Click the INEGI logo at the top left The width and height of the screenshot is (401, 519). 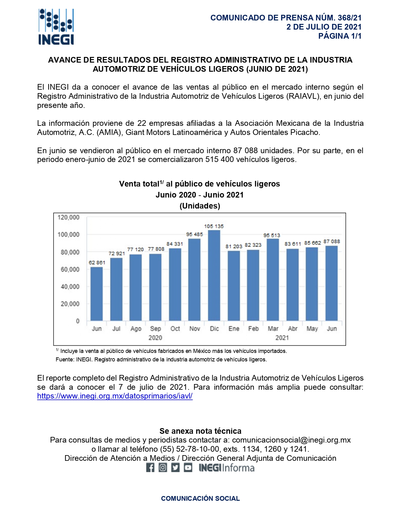click(56, 27)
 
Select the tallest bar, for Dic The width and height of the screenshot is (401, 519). click(214, 275)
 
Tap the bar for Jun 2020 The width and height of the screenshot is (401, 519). click(97, 294)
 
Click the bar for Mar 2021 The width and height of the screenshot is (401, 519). click(273, 280)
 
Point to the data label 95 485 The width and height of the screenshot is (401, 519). click(194, 234)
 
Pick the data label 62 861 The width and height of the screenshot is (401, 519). click(97, 262)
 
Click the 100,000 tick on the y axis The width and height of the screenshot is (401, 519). click(69, 235)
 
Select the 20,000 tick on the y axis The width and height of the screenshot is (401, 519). click(70, 304)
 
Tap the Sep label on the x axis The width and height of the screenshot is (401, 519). click(155, 329)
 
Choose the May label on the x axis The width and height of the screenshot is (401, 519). click(312, 329)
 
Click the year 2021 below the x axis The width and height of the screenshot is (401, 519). click(282, 338)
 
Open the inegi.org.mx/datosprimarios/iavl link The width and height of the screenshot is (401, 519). click(115, 396)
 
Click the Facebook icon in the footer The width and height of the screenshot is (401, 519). click(150, 468)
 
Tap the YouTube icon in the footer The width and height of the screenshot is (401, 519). click(188, 468)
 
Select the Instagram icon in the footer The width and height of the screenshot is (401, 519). click(163, 468)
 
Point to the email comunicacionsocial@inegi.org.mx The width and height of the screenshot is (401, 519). click(291, 440)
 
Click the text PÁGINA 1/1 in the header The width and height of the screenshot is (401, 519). click(340, 36)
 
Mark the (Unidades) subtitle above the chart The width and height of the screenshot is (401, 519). click(200, 206)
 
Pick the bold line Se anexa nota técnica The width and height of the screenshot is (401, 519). click(200, 431)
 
